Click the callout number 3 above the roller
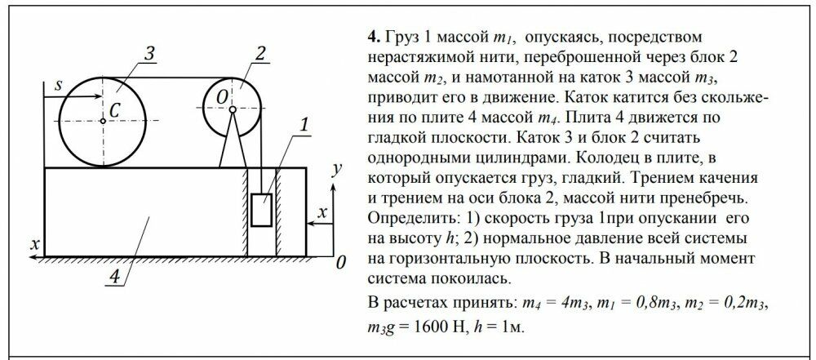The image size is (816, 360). click(x=150, y=56)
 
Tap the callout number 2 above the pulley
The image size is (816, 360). click(x=261, y=54)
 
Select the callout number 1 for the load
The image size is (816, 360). click(x=304, y=125)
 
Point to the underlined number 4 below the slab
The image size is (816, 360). click(x=114, y=277)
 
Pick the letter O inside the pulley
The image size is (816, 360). click(x=222, y=97)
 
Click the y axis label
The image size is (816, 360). click(x=337, y=169)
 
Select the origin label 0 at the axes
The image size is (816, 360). click(x=340, y=263)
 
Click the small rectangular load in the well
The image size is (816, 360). click(x=261, y=210)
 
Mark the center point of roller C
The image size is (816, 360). click(x=103, y=121)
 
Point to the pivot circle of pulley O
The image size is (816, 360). click(x=233, y=109)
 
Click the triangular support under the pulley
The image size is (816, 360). click(x=233, y=140)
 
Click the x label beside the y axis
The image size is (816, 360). click(x=322, y=212)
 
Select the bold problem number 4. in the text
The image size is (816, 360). click(x=375, y=38)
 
